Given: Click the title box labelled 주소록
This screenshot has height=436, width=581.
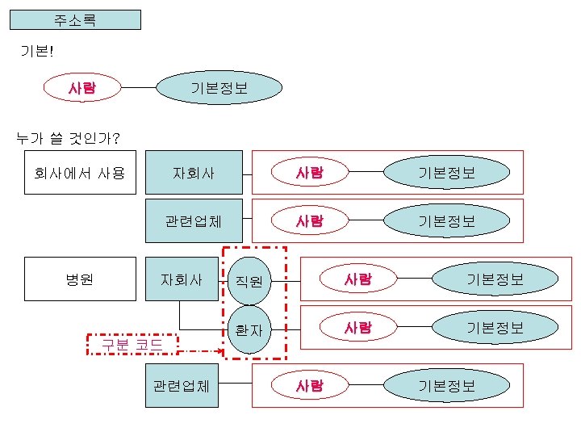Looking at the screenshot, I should (75, 19).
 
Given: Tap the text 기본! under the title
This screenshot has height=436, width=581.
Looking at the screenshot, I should (36, 51).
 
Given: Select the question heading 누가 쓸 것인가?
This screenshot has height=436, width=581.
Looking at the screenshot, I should (69, 138).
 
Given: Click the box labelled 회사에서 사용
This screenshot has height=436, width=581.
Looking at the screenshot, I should (80, 172).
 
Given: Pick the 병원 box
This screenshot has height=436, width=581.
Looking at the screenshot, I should (80, 279).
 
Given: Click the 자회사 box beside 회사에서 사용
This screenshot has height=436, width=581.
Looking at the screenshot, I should (194, 172).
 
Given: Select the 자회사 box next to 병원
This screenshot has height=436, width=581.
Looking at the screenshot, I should (182, 279).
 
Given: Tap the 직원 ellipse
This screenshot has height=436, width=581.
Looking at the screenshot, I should (249, 281).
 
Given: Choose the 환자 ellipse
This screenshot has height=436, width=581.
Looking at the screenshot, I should (249, 329).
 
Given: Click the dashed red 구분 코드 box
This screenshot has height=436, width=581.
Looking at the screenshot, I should (132, 345).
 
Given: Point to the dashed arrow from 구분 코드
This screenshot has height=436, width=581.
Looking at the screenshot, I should (200, 351).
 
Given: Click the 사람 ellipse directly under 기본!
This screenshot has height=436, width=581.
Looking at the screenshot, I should (82, 87).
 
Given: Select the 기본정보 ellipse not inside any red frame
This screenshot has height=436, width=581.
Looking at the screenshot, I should (219, 87).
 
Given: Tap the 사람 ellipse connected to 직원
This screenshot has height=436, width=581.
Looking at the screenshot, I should (357, 279).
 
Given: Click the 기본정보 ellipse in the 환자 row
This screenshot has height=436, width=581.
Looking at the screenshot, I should (495, 327).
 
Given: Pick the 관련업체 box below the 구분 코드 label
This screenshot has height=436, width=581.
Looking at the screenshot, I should (182, 385).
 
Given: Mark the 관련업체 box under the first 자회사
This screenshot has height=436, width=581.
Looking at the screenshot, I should (194, 220).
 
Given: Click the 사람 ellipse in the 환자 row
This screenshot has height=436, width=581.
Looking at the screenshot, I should (357, 327).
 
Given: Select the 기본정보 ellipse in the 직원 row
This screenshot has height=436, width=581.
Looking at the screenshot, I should (495, 279).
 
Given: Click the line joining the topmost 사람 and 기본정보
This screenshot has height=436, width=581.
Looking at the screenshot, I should (138, 87).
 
